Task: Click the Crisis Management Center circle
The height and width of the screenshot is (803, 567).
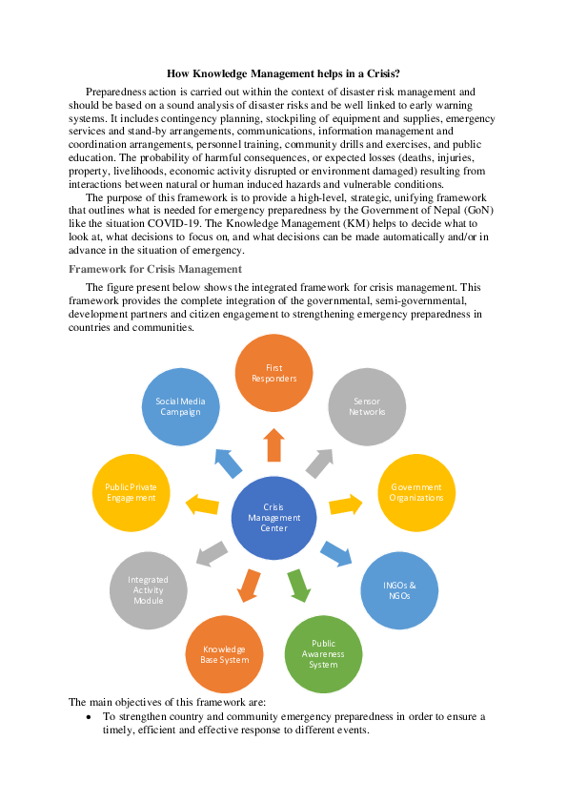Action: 273,518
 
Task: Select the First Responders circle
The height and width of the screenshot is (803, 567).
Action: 274,373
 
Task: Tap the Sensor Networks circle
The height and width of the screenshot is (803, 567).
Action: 368,407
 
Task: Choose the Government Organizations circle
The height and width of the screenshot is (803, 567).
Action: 416,492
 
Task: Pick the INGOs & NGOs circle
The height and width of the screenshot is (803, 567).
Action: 399,590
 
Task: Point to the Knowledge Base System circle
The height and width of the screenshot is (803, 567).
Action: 226,654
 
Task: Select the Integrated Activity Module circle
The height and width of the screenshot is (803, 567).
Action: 148,589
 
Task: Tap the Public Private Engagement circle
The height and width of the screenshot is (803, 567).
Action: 132,492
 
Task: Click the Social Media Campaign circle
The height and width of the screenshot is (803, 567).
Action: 180,407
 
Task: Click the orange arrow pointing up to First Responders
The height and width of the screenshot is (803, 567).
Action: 274,444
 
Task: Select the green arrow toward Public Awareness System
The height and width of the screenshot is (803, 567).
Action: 299,584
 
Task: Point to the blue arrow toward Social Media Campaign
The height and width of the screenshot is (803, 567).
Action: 228,463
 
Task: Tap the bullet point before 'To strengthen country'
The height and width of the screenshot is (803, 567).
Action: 89,716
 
